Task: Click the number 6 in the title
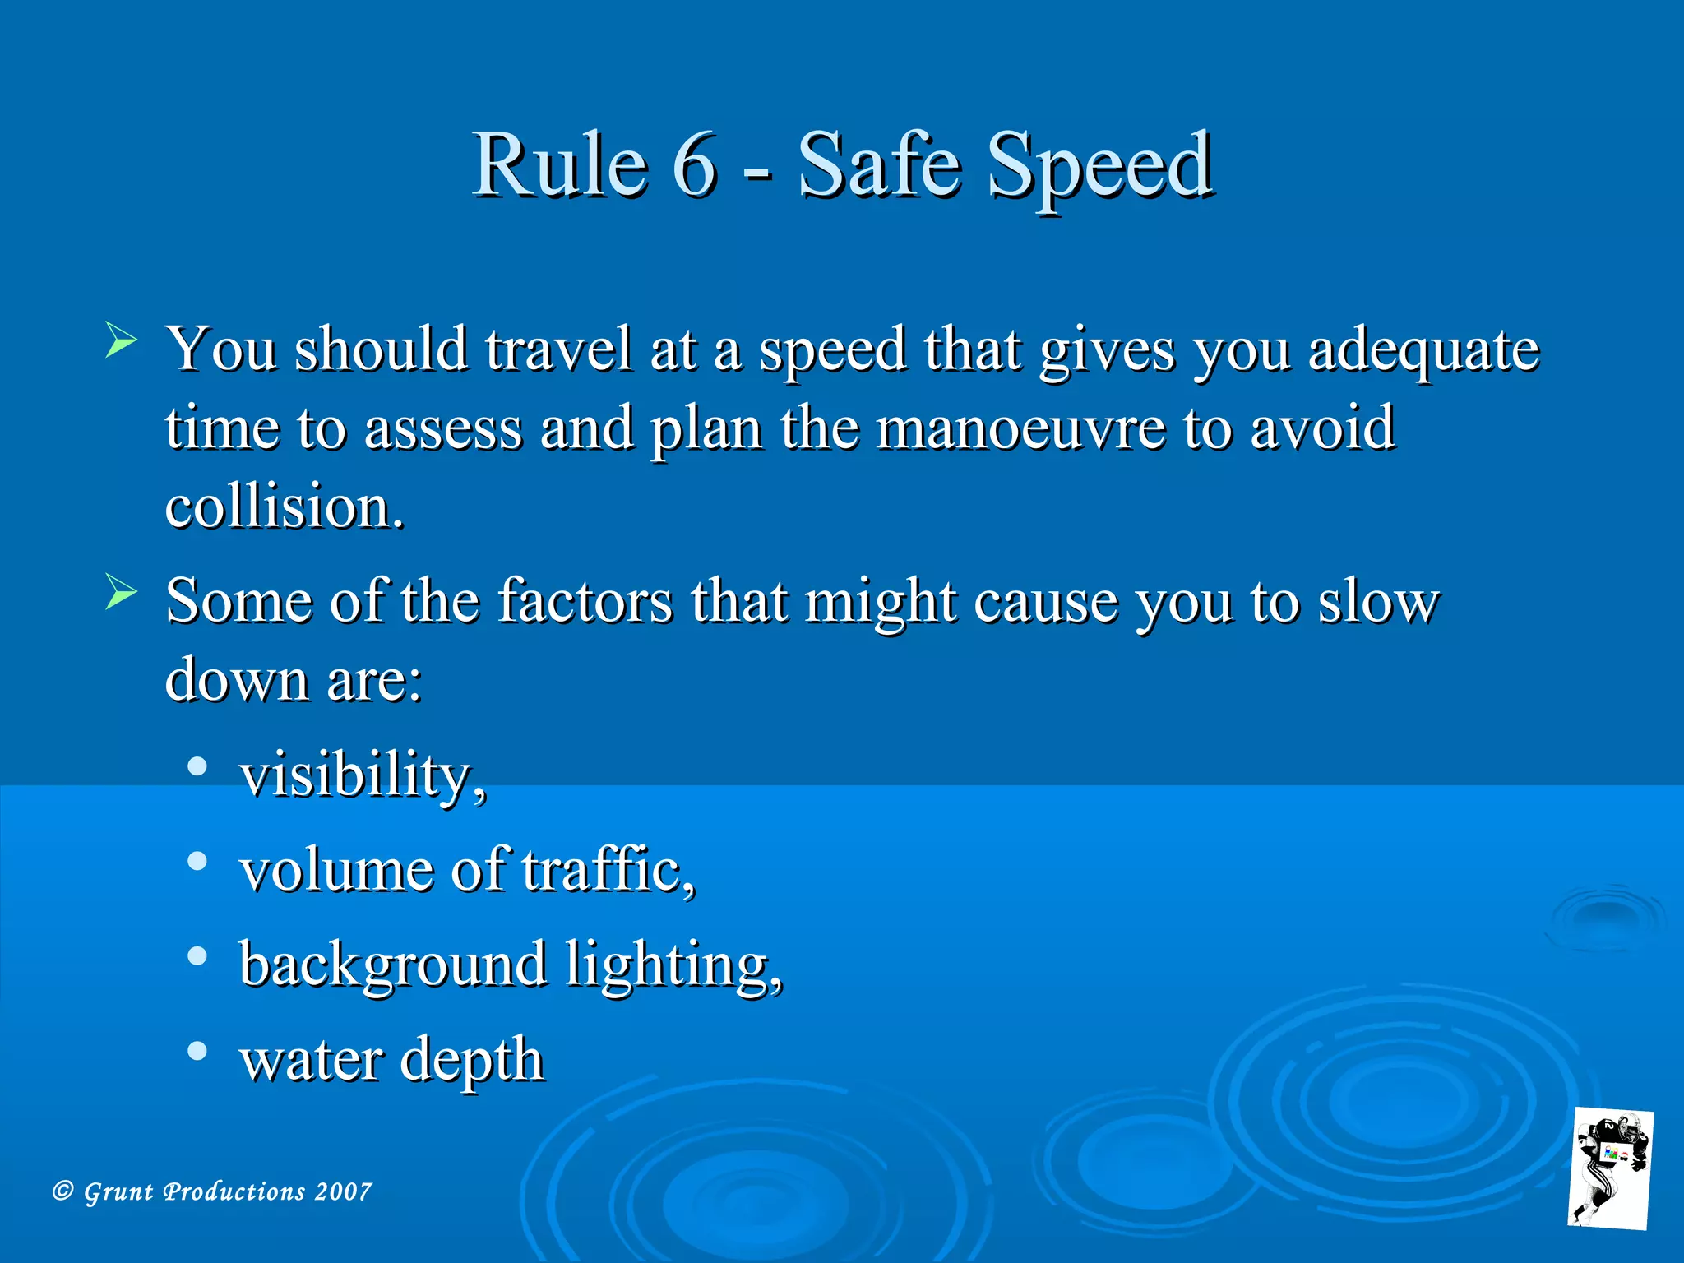(x=695, y=164)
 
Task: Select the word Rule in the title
(x=560, y=164)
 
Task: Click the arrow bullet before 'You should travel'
(x=121, y=340)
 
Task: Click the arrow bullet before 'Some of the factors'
(x=121, y=592)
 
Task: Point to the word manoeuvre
(x=1020, y=428)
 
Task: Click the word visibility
(x=361, y=775)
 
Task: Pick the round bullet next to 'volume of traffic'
(x=197, y=861)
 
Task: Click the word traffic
(x=607, y=870)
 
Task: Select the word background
(x=393, y=965)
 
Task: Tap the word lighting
(x=673, y=965)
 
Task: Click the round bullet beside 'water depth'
(x=197, y=1051)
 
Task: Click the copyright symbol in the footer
(x=62, y=1191)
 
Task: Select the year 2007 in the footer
(x=343, y=1191)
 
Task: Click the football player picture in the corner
(x=1610, y=1168)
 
